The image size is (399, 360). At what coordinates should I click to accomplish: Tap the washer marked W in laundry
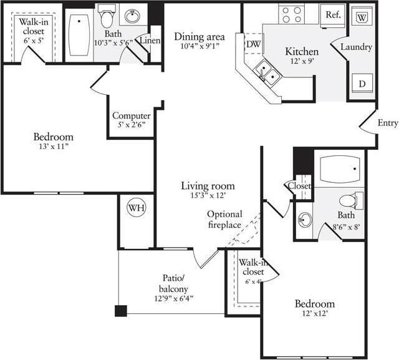361,17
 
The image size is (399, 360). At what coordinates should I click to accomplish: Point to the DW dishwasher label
253,44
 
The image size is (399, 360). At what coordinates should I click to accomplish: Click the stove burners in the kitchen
291,14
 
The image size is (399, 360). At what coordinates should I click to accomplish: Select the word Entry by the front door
387,124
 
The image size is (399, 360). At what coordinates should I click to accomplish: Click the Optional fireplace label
224,220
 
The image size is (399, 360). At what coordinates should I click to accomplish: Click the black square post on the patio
120,310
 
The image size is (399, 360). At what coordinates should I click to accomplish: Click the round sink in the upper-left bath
132,16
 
